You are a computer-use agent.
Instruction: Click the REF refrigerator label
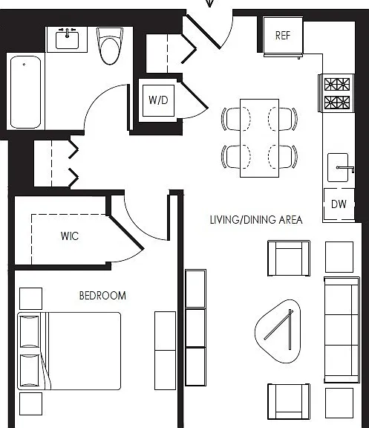283,36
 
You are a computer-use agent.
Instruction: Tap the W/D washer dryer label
158,100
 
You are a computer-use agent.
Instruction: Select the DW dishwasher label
339,204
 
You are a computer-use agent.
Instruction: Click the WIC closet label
70,236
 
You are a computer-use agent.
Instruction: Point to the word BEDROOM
102,296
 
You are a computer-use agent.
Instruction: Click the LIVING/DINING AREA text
256,220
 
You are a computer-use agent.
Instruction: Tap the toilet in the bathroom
110,46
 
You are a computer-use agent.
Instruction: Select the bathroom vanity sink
67,40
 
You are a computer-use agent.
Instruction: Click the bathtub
26,92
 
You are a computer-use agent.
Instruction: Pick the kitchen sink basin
338,168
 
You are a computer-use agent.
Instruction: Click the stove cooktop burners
337,93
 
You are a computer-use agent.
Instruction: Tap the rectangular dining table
259,138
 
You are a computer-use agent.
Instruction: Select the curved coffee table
278,331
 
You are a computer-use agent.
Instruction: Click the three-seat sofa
342,330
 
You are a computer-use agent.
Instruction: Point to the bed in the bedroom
69,351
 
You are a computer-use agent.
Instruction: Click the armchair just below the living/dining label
289,259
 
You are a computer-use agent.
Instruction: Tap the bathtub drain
25,65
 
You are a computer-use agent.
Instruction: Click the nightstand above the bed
31,299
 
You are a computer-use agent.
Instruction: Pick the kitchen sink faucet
345,169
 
